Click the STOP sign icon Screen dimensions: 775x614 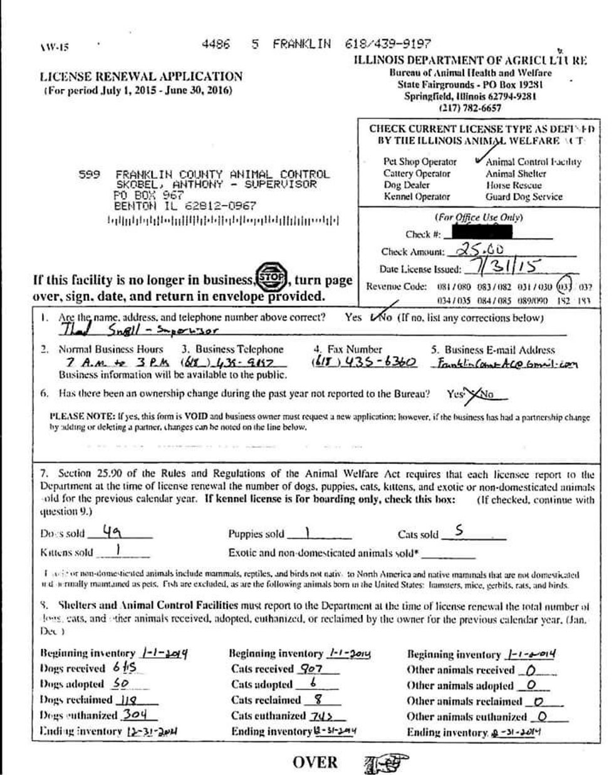click(271, 278)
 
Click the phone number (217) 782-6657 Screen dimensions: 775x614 click(470, 108)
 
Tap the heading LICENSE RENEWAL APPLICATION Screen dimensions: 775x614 click(141, 77)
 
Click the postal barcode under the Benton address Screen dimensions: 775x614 click(223, 221)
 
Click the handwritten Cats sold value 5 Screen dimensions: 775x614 click(459, 532)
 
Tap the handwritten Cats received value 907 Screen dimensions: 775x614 click(311, 668)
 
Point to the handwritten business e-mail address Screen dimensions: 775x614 click(505, 364)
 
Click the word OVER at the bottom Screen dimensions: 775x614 click(315, 762)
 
